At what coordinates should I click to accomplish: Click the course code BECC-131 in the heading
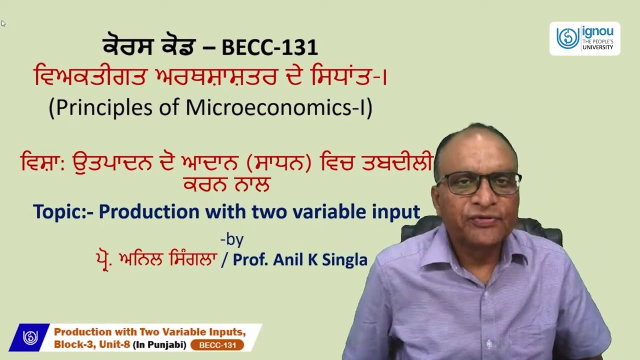pyautogui.click(x=269, y=47)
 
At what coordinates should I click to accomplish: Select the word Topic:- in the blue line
pyautogui.click(x=63, y=212)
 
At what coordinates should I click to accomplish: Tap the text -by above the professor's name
pyautogui.click(x=232, y=239)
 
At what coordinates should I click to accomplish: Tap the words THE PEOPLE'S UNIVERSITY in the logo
pyautogui.click(x=598, y=44)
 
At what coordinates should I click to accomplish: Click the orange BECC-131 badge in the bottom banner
pyautogui.click(x=217, y=345)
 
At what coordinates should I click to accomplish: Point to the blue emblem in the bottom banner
pyautogui.click(x=30, y=338)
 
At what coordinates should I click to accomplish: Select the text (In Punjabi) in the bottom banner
pyautogui.click(x=159, y=345)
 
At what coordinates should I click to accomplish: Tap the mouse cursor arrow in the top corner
pyautogui.click(x=3, y=23)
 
